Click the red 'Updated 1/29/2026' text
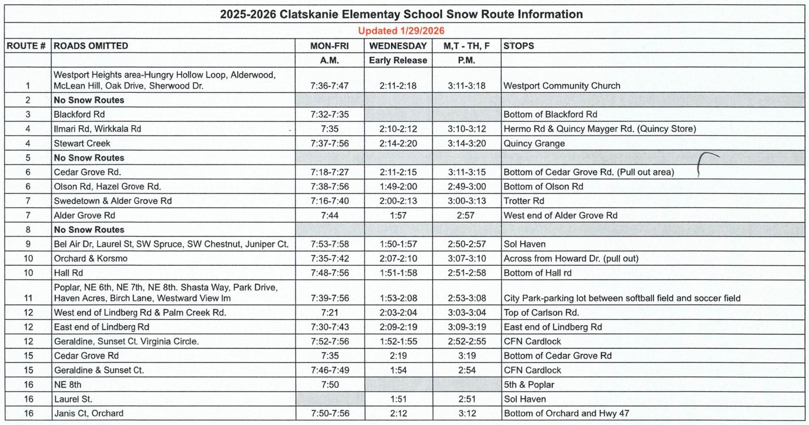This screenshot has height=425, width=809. coord(401,30)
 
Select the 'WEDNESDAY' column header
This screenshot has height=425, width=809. coord(398,46)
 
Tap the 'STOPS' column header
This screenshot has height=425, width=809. coord(518,46)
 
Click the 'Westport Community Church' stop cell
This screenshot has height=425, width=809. coord(562,86)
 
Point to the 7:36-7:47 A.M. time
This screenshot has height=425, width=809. coord(330,86)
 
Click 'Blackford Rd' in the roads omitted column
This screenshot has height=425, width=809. coord(79,114)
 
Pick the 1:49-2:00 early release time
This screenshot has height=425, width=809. coord(397,187)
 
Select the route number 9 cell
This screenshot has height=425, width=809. coord(27,244)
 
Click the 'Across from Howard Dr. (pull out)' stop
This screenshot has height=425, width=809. coord(571,259)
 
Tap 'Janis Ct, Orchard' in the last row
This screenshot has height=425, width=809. coord(88,414)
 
